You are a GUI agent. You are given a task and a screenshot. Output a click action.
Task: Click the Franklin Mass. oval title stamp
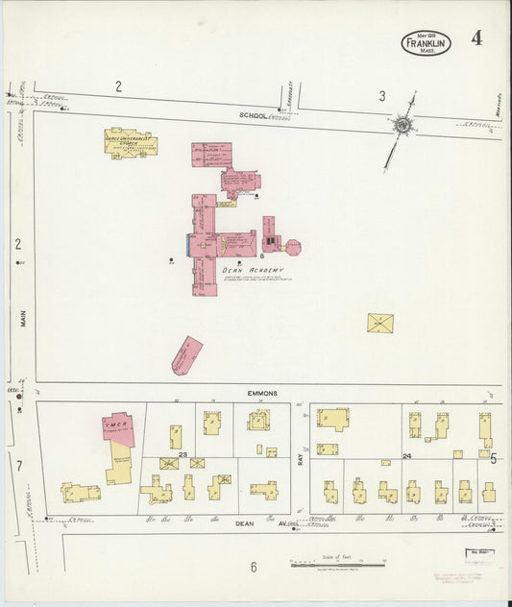[426, 42]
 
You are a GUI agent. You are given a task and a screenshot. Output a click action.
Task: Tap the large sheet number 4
[476, 38]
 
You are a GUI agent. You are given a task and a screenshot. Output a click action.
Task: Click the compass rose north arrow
[401, 125]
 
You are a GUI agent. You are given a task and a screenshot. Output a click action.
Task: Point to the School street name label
[253, 115]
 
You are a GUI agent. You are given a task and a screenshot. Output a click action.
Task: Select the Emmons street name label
[261, 393]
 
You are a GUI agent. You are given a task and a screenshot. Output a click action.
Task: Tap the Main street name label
[20, 316]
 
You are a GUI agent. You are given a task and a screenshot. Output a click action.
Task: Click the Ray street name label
[300, 459]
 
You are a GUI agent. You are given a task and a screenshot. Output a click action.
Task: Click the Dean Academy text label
[254, 271]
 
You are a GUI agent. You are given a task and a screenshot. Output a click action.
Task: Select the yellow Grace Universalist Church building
[131, 143]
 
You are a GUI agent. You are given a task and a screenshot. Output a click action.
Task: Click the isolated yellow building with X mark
[380, 323]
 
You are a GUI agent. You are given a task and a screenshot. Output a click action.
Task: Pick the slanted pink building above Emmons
[186, 354]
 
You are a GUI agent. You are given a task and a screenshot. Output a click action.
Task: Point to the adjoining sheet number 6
[254, 567]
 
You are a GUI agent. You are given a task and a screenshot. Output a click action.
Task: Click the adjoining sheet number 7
[18, 466]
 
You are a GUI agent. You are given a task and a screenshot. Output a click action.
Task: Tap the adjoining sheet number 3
[381, 95]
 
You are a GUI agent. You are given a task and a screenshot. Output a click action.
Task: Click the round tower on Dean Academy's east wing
[293, 247]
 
